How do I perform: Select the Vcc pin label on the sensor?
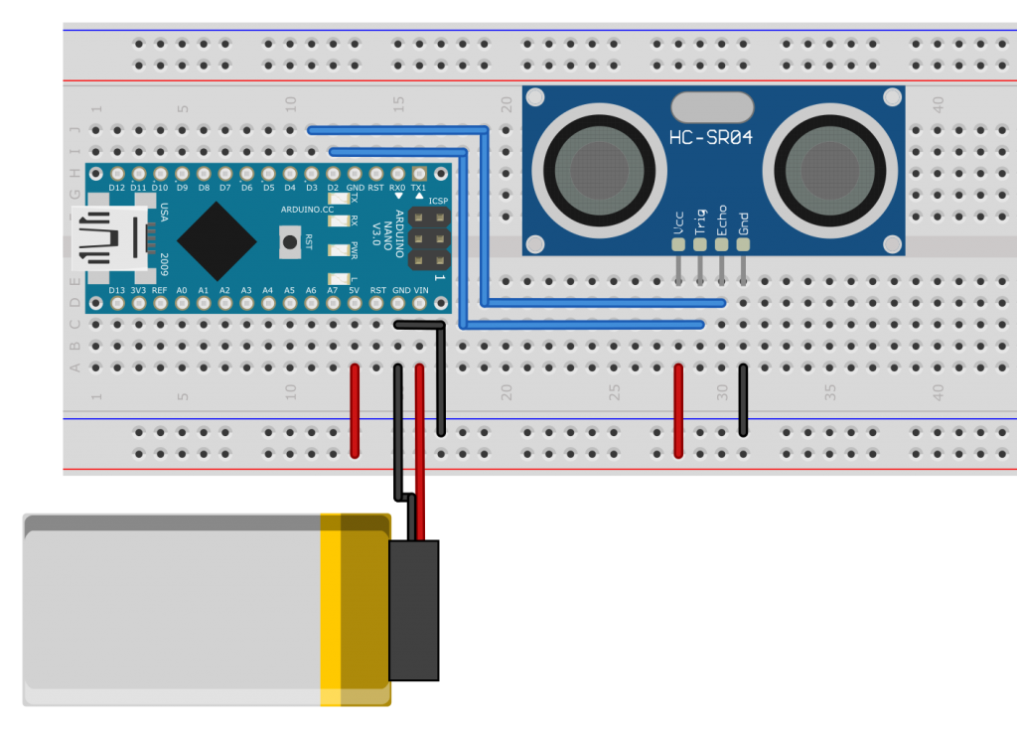pyautogui.click(x=678, y=220)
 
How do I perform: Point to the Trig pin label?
pyautogui.click(x=700, y=220)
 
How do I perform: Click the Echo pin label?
pyautogui.click(x=722, y=219)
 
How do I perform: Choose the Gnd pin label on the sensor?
pyautogui.click(x=744, y=220)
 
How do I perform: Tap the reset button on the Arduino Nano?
pyautogui.click(x=289, y=240)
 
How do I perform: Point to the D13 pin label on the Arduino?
pyautogui.click(x=117, y=290)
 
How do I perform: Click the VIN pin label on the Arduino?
pyautogui.click(x=421, y=290)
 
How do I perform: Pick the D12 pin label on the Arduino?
pyautogui.click(x=117, y=187)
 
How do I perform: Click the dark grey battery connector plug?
pyautogui.click(x=413, y=610)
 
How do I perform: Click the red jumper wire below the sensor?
pyautogui.click(x=678, y=409)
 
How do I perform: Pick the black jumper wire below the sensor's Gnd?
pyautogui.click(x=743, y=399)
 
